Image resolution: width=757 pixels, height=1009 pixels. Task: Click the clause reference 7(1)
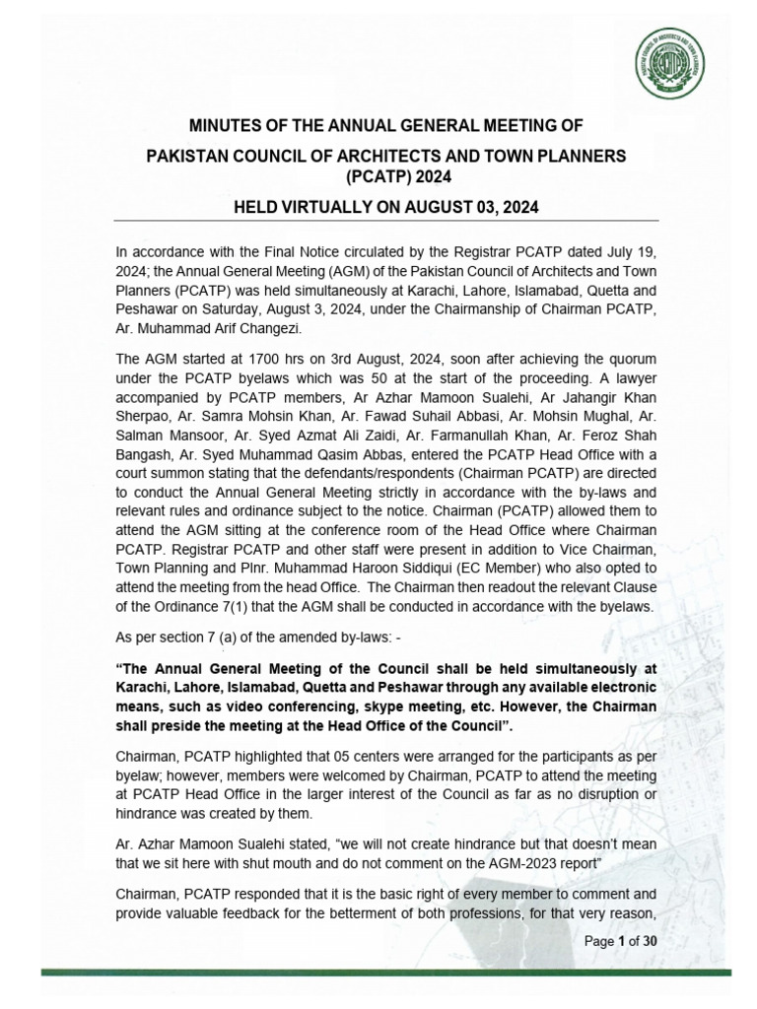pyautogui.click(x=235, y=607)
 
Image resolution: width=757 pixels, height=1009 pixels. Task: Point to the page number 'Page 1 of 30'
pyautogui.click(x=621, y=940)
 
